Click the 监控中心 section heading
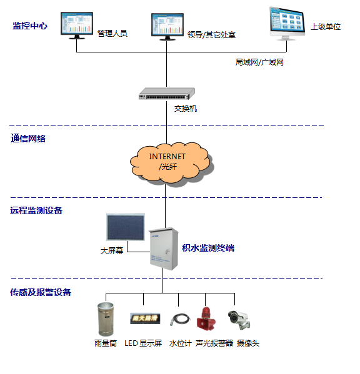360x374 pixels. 29,26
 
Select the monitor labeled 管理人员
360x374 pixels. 77,24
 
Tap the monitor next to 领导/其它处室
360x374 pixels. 167,26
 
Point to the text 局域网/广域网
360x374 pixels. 259,62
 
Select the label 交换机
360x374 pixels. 186,109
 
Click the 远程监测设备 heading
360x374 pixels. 36,210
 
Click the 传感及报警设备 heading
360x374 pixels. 41,292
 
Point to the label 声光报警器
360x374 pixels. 214,343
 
